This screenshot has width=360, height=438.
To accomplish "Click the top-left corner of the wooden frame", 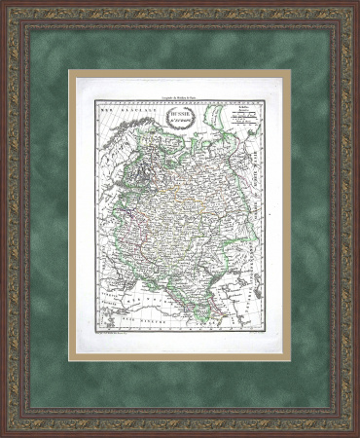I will coord(8,8).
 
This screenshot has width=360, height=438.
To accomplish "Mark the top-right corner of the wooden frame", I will coord(351,8).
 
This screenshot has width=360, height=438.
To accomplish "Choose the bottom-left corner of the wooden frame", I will coord(8,429).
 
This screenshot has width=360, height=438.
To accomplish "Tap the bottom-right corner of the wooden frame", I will coord(351,429).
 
